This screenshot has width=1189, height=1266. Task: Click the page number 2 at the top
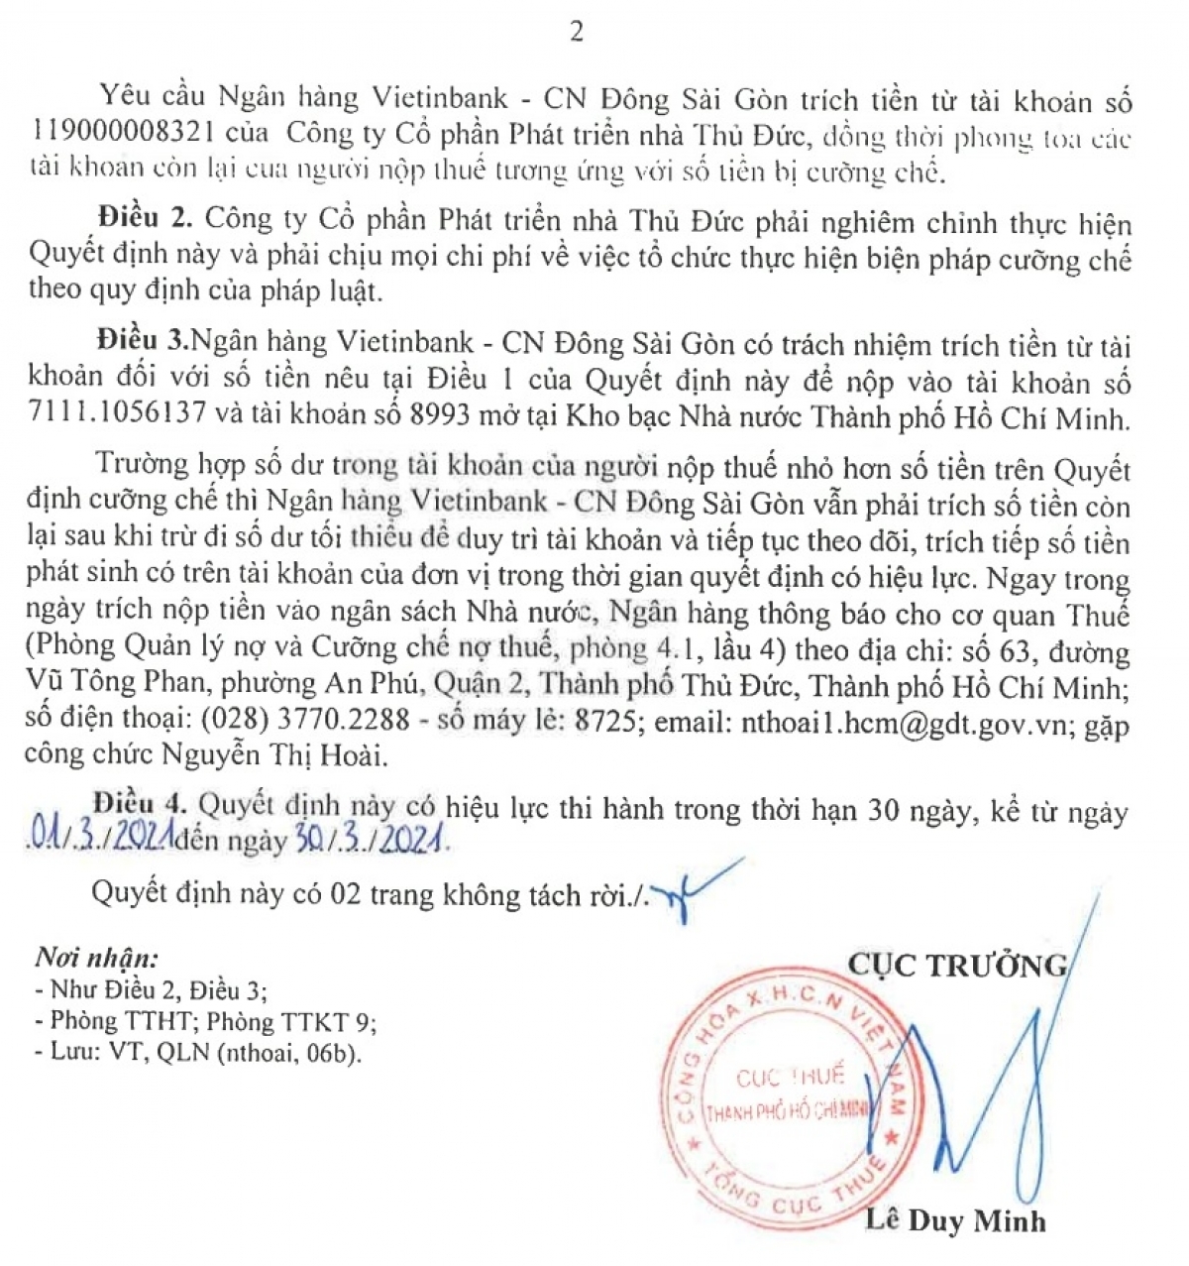click(x=577, y=32)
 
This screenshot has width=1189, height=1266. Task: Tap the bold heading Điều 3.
click(x=143, y=344)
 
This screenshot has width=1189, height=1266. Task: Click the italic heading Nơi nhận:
click(x=97, y=958)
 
